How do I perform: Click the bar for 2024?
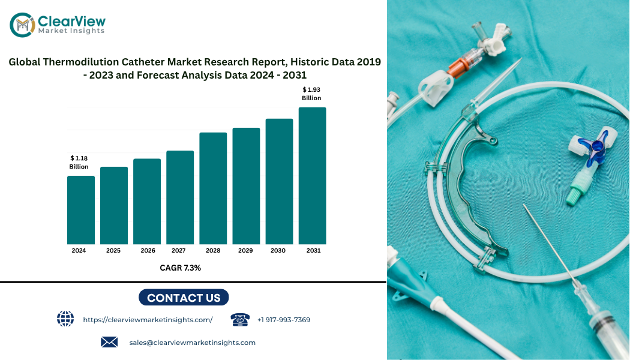click(x=81, y=210)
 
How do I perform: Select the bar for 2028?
click(x=213, y=188)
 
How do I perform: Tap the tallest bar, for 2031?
click(x=312, y=176)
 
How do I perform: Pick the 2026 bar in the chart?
click(x=147, y=201)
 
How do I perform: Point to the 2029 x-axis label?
click(x=245, y=251)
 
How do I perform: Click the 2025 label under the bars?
click(x=113, y=251)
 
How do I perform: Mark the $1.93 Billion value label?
click(x=311, y=94)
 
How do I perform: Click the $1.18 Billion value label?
click(x=79, y=163)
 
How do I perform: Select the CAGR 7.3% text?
click(x=181, y=268)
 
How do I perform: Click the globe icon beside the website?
click(x=65, y=319)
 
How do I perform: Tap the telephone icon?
click(x=240, y=319)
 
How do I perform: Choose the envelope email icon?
click(x=109, y=342)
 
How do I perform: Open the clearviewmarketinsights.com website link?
click(x=148, y=320)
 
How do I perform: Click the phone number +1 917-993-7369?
click(x=284, y=320)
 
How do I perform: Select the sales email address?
click(x=193, y=343)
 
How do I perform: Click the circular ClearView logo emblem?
click(x=22, y=25)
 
